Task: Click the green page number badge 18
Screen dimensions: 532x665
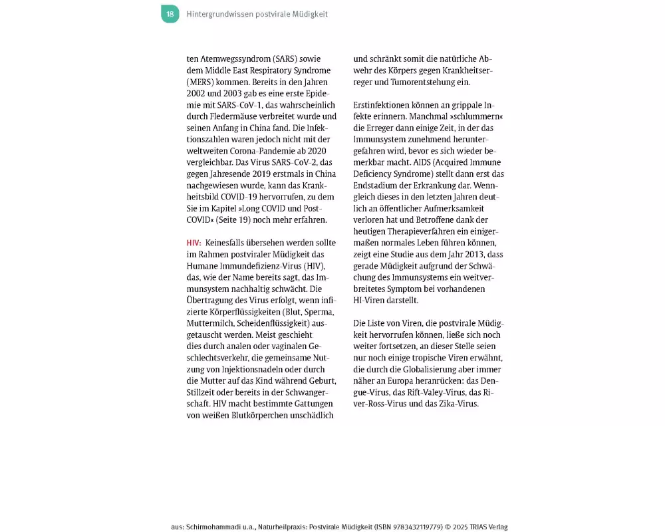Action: point(170,14)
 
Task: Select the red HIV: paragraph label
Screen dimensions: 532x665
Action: point(194,243)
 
